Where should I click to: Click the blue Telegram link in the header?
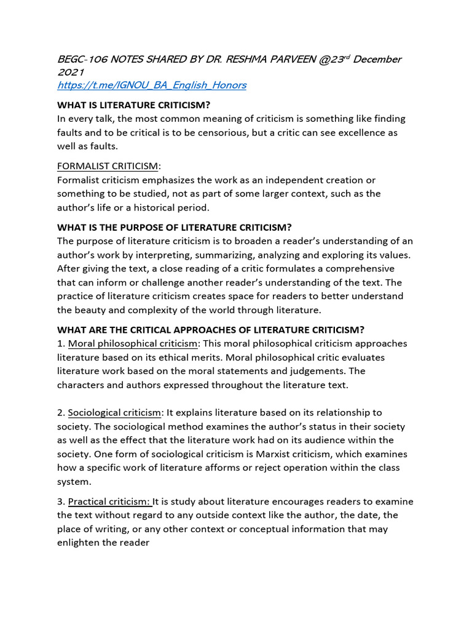(151, 85)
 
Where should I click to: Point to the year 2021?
(70, 72)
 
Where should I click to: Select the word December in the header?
(377, 59)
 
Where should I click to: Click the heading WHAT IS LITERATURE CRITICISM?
(143, 105)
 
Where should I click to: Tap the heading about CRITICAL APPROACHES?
(210, 330)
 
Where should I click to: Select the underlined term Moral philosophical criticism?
(133, 343)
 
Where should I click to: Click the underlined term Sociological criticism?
(115, 412)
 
